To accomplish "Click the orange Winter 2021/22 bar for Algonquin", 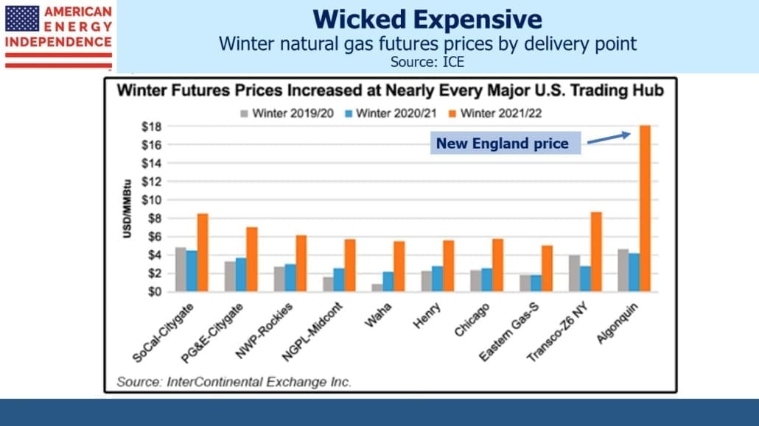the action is pyautogui.click(x=646, y=208).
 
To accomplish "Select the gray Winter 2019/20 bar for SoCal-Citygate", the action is pyautogui.click(x=181, y=269).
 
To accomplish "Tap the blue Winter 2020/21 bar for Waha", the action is pyautogui.click(x=388, y=281).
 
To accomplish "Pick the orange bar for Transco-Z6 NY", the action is pyautogui.click(x=596, y=252).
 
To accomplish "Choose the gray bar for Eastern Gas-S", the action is pyautogui.click(x=525, y=283).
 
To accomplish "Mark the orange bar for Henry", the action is pyautogui.click(x=449, y=266).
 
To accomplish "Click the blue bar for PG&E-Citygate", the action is pyautogui.click(x=240, y=274).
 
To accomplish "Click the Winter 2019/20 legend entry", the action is pyautogui.click(x=287, y=113).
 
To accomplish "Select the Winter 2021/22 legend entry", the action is pyautogui.click(x=495, y=113).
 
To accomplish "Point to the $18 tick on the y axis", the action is pyautogui.click(x=151, y=127).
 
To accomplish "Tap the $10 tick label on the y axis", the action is pyautogui.click(x=151, y=199).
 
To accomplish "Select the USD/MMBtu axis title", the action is pyautogui.click(x=127, y=208).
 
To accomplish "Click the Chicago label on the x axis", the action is pyautogui.click(x=472, y=319).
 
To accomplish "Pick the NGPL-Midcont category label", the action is pyautogui.click(x=312, y=333).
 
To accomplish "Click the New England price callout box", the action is pyautogui.click(x=506, y=143).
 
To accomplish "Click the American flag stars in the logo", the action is pyautogui.click(x=22, y=18).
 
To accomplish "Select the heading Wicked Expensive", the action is pyautogui.click(x=427, y=19).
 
